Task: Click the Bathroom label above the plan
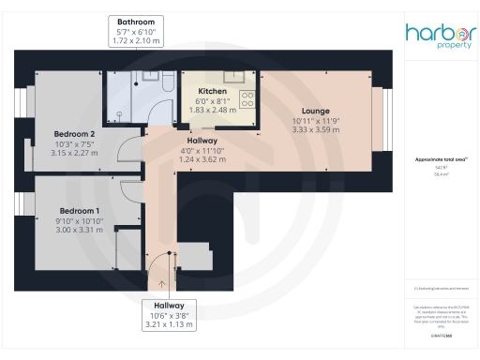click(x=136, y=21)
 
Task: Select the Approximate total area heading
click(x=440, y=160)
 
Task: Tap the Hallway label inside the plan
click(x=202, y=140)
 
